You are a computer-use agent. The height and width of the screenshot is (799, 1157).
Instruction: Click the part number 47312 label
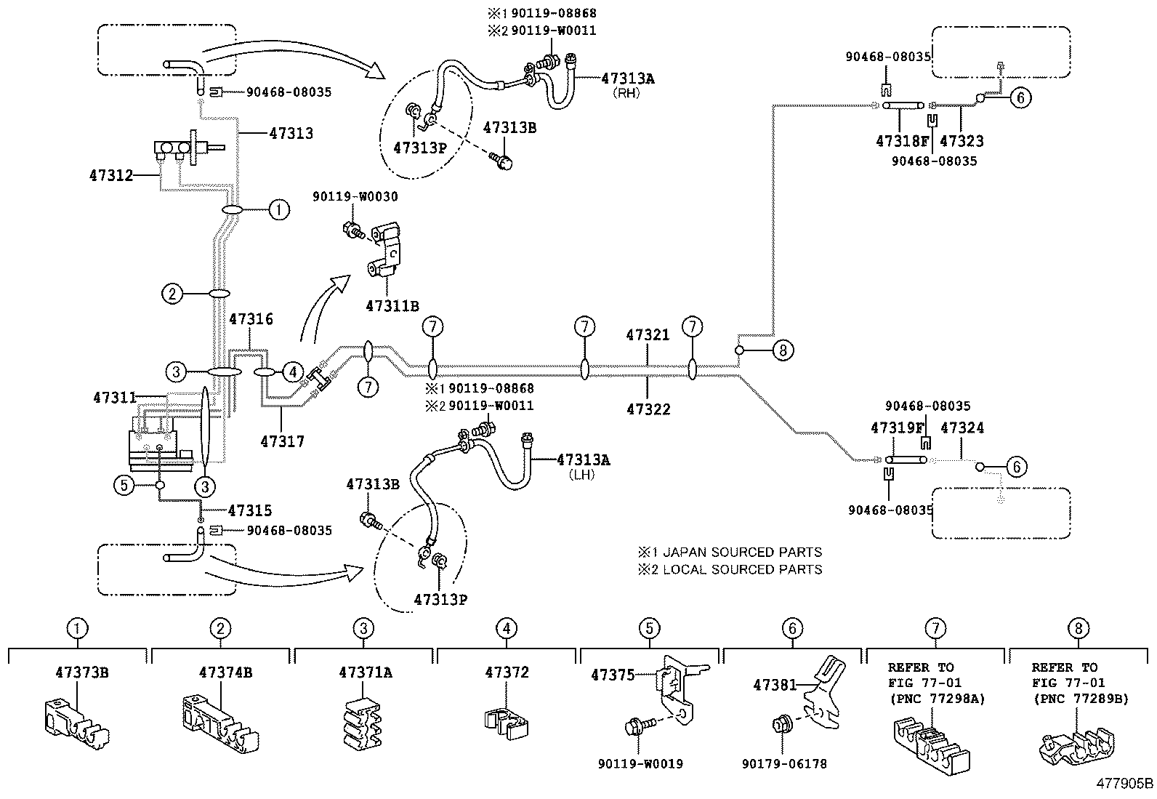(110, 175)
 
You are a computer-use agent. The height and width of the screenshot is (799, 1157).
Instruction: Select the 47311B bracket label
(392, 306)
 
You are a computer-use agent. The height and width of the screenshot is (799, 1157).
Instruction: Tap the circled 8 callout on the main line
(782, 350)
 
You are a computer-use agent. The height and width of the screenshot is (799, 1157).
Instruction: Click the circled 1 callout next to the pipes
(278, 210)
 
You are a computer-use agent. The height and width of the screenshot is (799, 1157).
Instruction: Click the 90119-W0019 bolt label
(640, 763)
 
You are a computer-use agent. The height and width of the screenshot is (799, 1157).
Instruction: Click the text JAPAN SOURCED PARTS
(742, 553)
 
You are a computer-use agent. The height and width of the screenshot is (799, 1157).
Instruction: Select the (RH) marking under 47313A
(627, 93)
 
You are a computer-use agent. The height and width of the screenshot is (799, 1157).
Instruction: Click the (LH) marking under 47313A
(583, 474)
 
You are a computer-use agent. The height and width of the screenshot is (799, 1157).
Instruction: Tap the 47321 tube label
(648, 335)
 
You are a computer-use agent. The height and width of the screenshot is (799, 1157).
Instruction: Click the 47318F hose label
(903, 141)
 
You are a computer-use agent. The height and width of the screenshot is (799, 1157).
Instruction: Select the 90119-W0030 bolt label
(355, 197)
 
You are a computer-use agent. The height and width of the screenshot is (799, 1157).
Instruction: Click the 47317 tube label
(282, 441)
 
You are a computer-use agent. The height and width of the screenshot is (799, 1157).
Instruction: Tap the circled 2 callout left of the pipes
(172, 294)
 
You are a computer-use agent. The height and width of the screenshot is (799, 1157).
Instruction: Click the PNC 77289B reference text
(1079, 699)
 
